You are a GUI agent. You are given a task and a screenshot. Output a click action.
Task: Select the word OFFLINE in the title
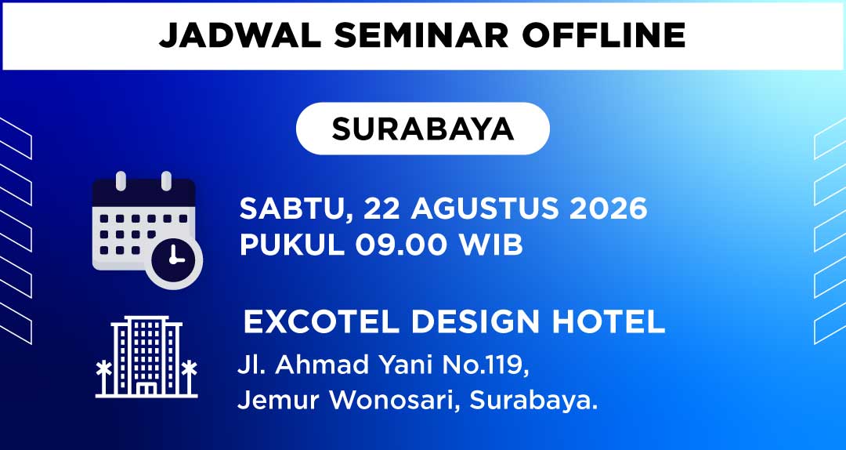click(x=604, y=36)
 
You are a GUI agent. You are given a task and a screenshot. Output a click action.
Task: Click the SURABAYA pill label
click(x=422, y=129)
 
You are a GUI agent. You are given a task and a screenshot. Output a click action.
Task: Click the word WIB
click(x=491, y=245)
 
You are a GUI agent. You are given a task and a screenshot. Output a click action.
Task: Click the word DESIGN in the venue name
click(x=475, y=322)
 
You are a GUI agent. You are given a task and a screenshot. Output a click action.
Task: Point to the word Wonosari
click(x=396, y=401)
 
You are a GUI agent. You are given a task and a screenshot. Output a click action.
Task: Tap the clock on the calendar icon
click(x=174, y=259)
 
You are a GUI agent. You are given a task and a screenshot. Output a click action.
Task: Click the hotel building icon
click(x=146, y=357)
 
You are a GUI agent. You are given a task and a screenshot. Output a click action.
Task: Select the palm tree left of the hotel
click(x=103, y=378)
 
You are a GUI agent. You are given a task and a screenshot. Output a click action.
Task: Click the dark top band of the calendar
click(x=143, y=193)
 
